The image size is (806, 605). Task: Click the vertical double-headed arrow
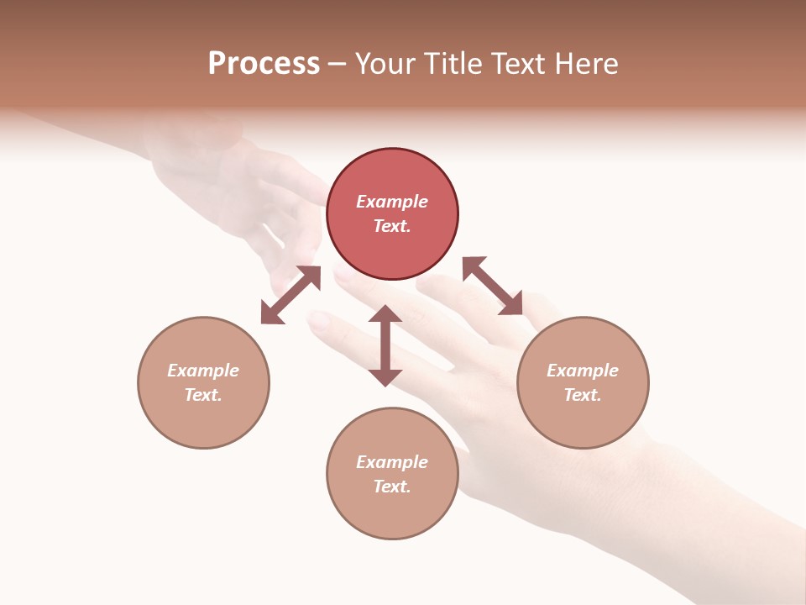385,345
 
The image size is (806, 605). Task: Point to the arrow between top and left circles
290,295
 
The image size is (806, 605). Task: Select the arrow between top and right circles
493,286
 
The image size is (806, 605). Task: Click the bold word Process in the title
264,63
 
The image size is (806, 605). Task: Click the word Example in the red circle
392,202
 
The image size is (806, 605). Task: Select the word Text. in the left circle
203,395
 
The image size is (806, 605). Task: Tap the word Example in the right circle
583,371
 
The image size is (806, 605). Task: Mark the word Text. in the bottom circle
392,487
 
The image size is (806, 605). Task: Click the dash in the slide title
337,64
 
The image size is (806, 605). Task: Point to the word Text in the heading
517,63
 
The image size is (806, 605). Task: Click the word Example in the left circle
203,371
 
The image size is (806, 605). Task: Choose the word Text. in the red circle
392,226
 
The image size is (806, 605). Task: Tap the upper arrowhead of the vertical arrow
385,313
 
